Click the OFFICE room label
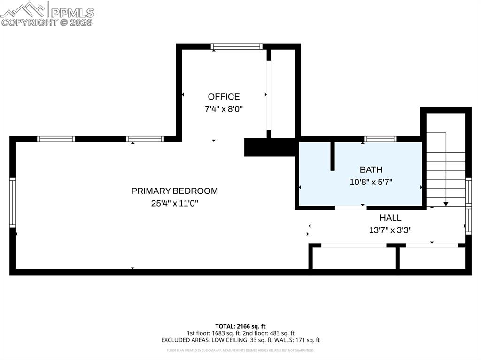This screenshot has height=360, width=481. coord(224,97)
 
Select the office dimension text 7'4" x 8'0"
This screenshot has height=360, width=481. coord(224,109)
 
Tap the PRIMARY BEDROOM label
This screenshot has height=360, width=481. coord(174,191)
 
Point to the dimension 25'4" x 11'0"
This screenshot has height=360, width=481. coord(174,203)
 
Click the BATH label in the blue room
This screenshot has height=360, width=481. coord(371,170)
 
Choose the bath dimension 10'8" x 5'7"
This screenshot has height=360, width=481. coord(371,182)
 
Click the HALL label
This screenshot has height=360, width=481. coord(390,218)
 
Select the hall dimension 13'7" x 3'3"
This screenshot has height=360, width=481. coord(390,230)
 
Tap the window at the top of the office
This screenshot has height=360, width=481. coord(236,46)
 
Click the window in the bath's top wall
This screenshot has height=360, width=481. coord(380,138)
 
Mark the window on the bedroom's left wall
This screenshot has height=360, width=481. coord(13,202)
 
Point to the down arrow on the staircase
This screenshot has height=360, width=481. coord(446,203)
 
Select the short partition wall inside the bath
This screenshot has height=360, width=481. coord(332,156)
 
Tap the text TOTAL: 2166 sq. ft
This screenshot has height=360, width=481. coord(240,326)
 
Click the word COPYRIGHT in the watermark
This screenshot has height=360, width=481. coord(29,23)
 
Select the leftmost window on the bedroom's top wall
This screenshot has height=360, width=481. coord(56,138)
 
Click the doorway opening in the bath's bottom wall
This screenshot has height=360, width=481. coord(350,207)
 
